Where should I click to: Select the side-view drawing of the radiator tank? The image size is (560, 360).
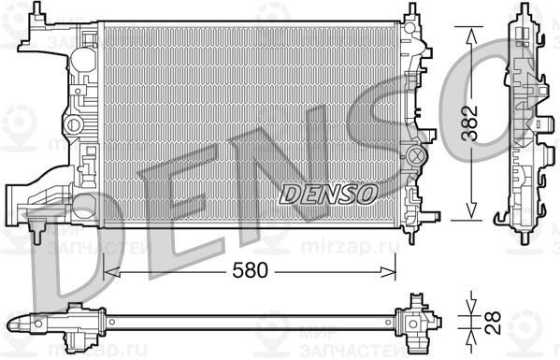click(524, 122)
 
